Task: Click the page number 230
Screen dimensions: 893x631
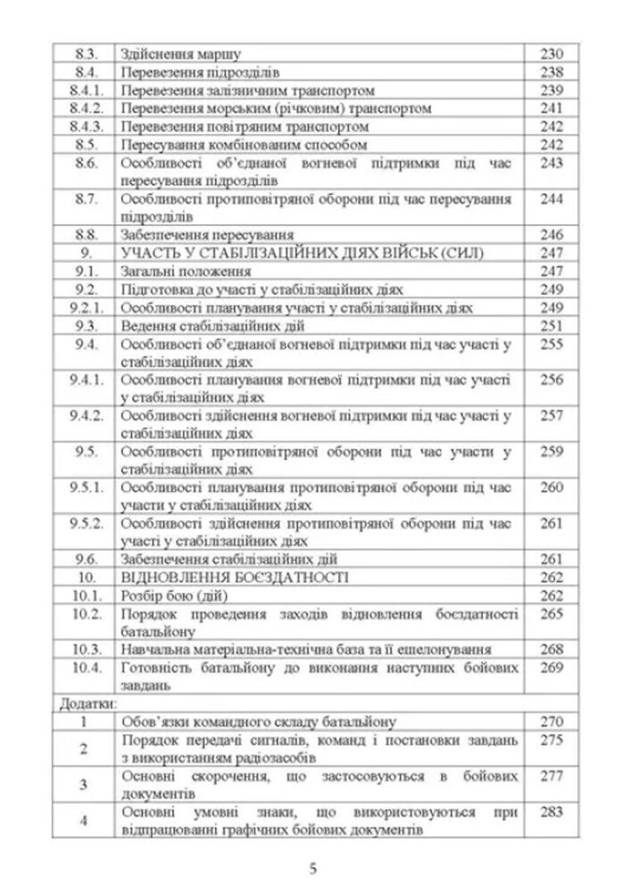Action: pyautogui.click(x=552, y=54)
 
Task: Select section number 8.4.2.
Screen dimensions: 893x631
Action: pyautogui.click(x=87, y=108)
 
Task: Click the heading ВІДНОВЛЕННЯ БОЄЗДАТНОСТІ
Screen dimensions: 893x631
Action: pyautogui.click(x=235, y=578)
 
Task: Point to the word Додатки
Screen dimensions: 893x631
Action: pyautogui.click(x=80, y=705)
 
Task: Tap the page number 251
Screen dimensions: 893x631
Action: pyautogui.click(x=552, y=326)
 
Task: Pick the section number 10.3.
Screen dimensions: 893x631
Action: pyautogui.click(x=87, y=650)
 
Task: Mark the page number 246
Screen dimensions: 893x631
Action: pyautogui.click(x=552, y=235)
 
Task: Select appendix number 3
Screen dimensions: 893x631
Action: pyautogui.click(x=83, y=784)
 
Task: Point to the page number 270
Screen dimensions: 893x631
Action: pyautogui.click(x=552, y=722)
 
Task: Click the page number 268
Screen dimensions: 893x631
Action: pyautogui.click(x=552, y=650)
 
